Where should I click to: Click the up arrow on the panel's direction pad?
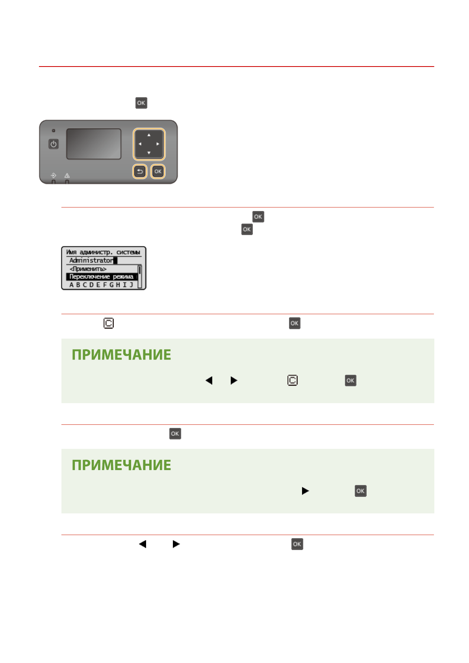tap(149, 135)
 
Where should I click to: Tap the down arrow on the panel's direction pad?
tap(149, 153)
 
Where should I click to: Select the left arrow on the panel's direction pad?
tap(140, 144)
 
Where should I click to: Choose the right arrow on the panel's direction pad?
tap(158, 144)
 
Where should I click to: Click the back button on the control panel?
tap(140, 172)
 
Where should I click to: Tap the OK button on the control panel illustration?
tap(158, 172)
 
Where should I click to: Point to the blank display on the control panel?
tap(93, 144)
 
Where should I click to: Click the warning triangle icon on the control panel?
tap(67, 176)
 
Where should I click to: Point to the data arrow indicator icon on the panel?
tap(54, 176)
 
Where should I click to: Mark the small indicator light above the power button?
tap(54, 130)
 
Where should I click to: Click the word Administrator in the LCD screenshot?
tap(91, 260)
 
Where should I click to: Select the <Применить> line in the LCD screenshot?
tap(88, 269)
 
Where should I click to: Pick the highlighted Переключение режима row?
tap(101, 277)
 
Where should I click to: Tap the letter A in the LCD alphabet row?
tap(71, 285)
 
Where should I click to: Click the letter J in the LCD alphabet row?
tap(132, 285)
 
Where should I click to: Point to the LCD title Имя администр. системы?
tap(103, 252)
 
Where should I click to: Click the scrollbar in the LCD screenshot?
tap(139, 276)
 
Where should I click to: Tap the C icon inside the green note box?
tap(292, 380)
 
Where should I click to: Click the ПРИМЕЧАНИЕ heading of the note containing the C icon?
tap(121, 355)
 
